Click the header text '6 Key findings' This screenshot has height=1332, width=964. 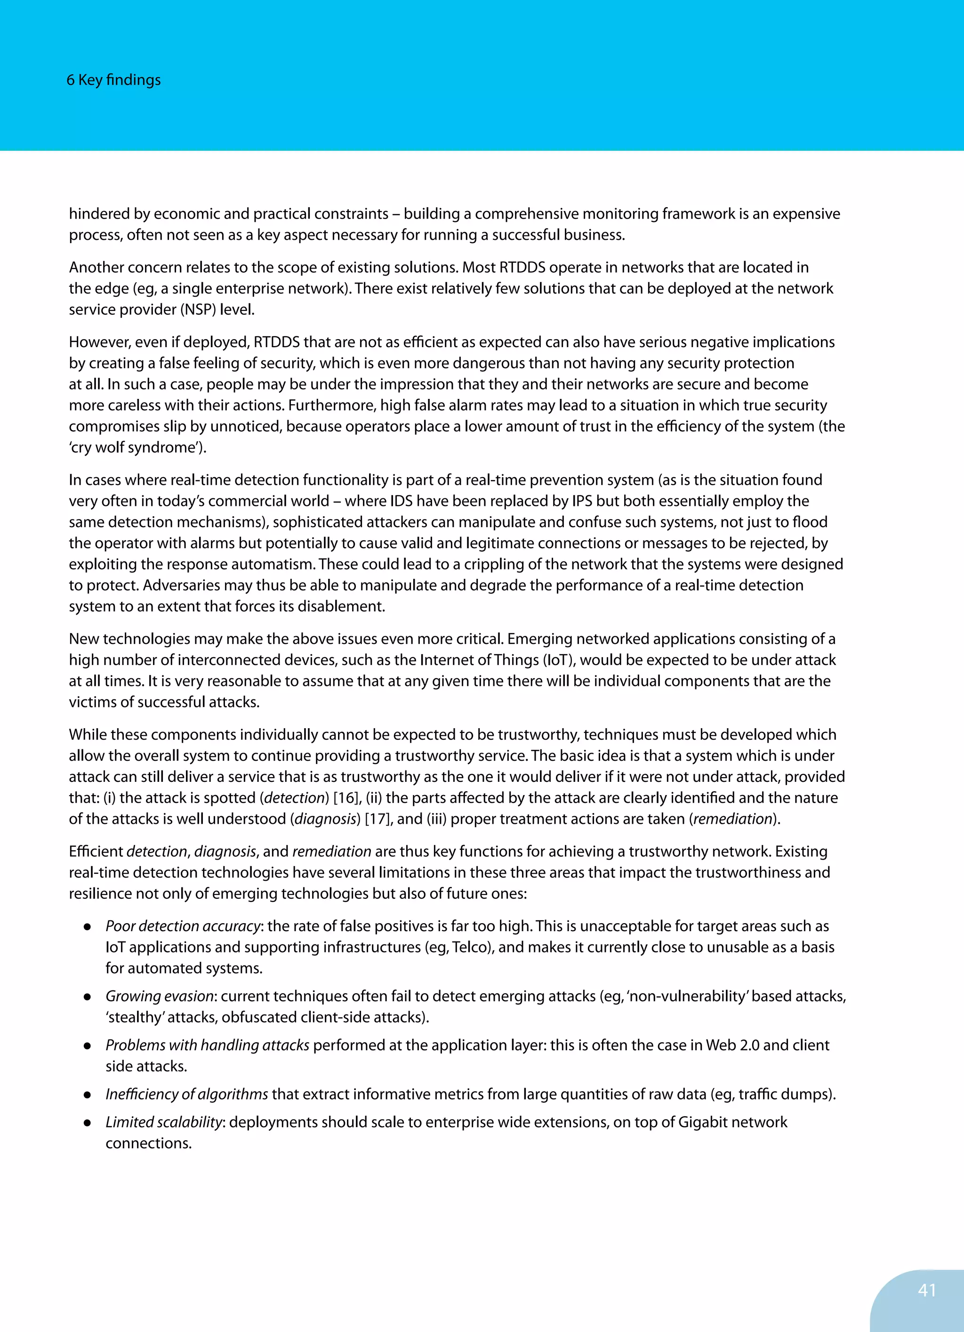(x=113, y=80)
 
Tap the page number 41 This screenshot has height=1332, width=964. (x=926, y=1290)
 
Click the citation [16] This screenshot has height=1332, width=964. (x=345, y=797)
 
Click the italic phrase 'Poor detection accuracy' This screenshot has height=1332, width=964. (x=183, y=926)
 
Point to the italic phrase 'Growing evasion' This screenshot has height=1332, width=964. (x=159, y=996)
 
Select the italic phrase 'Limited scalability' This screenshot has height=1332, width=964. (x=164, y=1122)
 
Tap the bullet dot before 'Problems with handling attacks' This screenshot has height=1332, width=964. (x=87, y=1046)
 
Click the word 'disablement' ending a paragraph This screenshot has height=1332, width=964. (x=340, y=606)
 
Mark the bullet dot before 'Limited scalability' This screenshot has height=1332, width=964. (x=87, y=1123)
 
